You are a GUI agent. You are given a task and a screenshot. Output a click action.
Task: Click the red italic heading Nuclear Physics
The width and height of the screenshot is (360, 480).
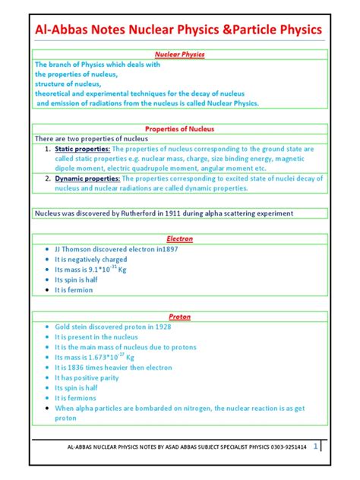coord(180,55)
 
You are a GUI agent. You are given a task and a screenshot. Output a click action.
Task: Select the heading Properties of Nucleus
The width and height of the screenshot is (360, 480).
coord(180,128)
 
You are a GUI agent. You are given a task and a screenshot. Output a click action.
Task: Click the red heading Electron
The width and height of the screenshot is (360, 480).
coord(180,238)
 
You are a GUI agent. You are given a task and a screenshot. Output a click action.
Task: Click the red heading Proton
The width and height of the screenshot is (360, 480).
coord(180,315)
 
